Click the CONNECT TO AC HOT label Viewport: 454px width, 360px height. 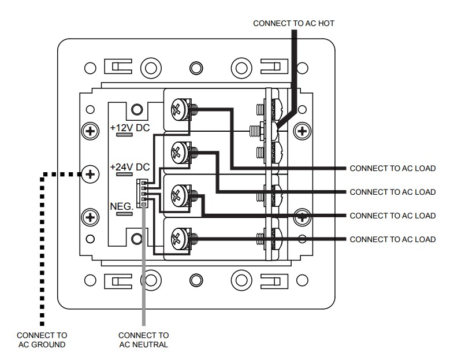point(293,23)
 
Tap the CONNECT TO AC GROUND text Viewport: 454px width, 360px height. point(42,340)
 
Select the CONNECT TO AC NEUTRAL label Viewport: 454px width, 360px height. point(143,340)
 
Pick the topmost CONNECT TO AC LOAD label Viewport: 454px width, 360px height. point(392,168)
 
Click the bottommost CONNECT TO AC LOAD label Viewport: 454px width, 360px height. point(392,239)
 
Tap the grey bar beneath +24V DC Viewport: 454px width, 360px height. point(125,174)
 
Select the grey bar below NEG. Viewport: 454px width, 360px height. point(125,213)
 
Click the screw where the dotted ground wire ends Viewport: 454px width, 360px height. point(90,173)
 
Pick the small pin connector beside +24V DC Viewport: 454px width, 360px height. point(140,192)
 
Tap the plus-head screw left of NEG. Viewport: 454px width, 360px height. point(90,217)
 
